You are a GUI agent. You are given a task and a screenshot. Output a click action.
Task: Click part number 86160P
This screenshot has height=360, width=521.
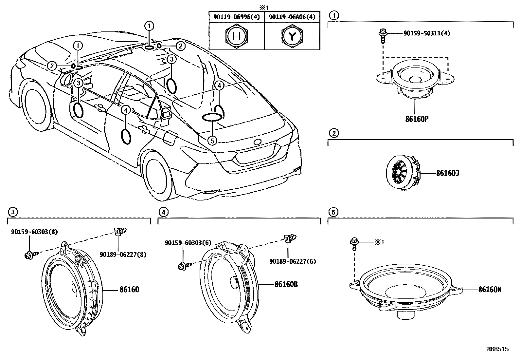417,119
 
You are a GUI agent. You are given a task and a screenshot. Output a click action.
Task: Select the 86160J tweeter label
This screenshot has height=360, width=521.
447,173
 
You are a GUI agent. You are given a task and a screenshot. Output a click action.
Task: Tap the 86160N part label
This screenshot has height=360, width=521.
490,290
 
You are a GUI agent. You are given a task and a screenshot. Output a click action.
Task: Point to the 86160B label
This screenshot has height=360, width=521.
286,284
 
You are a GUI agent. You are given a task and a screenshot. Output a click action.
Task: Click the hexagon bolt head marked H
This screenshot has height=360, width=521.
236,36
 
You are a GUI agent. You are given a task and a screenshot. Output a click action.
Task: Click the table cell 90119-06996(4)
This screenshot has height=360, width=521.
236,17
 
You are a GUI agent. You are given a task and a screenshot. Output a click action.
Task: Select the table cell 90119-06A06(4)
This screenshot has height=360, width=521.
292,17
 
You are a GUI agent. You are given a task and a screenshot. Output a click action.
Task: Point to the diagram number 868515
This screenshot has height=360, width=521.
498,349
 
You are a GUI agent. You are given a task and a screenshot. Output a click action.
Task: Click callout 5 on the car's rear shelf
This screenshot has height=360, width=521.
212,141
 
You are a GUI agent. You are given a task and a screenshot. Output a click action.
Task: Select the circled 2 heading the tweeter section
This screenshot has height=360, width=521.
333,133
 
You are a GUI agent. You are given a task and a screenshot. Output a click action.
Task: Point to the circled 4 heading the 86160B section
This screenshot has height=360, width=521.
163,212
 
